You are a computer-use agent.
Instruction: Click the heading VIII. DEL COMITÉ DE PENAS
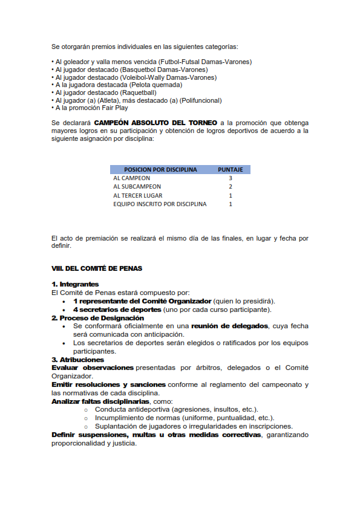pyautogui.click(x=97, y=268)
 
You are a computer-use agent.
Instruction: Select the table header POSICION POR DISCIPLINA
pyautogui.click(x=160, y=170)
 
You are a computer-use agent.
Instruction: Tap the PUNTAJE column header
pyautogui.click(x=231, y=170)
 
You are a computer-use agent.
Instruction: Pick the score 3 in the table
pyautogui.click(x=231, y=178)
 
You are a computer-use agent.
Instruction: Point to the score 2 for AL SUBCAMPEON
pyautogui.click(x=231, y=187)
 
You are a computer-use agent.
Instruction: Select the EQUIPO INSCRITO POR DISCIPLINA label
pyautogui.click(x=160, y=204)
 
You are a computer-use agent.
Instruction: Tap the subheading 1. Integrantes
pyautogui.click(x=75, y=284)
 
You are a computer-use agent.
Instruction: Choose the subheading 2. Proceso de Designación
pyautogui.click(x=97, y=317)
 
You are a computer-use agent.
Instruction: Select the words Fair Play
pyautogui.click(x=114, y=108)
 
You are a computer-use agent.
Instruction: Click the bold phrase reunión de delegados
pyautogui.click(x=230, y=326)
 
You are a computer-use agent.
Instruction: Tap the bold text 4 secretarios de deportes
pyautogui.click(x=117, y=309)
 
